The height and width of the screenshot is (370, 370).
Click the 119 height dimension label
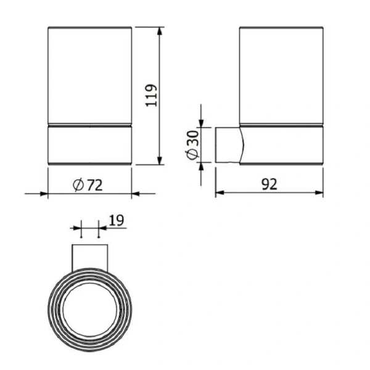point(151,96)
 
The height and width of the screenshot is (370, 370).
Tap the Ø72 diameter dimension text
point(88,185)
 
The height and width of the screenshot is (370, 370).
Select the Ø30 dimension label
point(192,145)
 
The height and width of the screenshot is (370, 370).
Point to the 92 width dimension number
point(269,184)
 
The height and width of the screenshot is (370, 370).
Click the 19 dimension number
point(117,220)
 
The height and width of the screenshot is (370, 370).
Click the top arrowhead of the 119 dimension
point(160,31)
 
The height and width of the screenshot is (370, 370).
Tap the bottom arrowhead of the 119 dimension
point(160,161)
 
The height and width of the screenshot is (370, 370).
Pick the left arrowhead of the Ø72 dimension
point(44,194)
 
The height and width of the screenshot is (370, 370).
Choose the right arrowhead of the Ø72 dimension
point(136,194)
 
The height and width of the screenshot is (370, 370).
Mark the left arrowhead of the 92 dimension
point(220,193)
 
